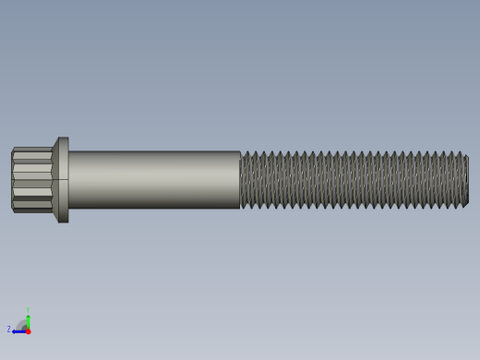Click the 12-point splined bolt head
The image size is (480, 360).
[31, 180]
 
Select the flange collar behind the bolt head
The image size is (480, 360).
[63, 180]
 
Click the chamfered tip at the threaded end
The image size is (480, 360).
[466, 180]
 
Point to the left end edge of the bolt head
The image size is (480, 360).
[12, 180]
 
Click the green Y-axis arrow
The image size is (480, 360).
[28, 318]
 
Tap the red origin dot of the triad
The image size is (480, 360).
[28, 330]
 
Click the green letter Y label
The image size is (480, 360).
[28, 310]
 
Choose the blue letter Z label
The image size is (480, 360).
[9, 330]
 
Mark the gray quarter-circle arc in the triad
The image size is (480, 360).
[22, 324]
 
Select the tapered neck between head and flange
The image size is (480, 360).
[54, 180]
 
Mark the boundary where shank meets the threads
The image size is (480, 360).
[240, 180]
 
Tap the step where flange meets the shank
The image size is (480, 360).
[69, 180]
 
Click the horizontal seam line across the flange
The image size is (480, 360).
[63, 179]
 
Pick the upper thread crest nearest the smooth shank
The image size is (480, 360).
[246, 152]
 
